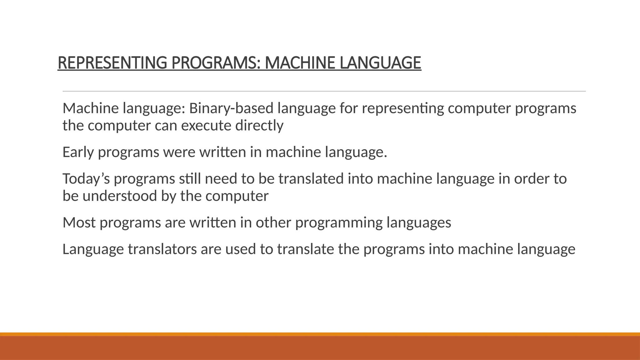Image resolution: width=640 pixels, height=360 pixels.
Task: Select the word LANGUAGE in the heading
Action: pos(380,63)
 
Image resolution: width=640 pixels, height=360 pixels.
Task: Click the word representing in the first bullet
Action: pos(403,108)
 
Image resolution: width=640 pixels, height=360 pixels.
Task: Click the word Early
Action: pos(78,152)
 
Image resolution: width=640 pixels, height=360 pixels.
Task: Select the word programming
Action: pos(339,222)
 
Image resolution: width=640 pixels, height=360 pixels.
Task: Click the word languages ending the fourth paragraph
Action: pos(419,222)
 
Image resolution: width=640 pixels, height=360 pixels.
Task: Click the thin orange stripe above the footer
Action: pos(320,334)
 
